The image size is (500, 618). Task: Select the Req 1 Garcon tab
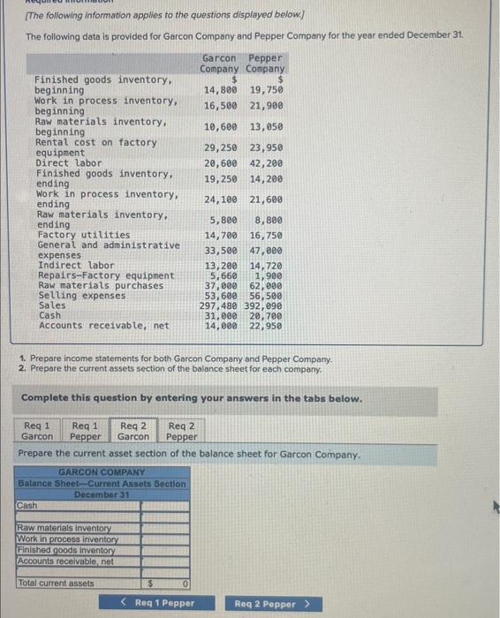tap(37, 430)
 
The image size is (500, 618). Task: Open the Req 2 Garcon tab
tap(133, 430)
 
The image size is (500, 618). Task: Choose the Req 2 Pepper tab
tap(181, 430)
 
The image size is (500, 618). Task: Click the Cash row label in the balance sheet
tap(27, 506)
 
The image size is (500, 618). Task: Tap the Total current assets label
tap(56, 584)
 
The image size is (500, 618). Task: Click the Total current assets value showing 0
tap(168, 584)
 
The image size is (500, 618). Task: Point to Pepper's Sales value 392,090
tap(266, 305)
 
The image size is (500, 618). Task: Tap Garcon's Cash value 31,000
tap(221, 315)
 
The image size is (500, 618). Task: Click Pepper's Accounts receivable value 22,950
tap(266, 325)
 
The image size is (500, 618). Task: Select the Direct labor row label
tap(68, 163)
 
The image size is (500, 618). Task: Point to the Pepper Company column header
tap(266, 63)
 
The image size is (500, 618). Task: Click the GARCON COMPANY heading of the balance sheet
tap(102, 472)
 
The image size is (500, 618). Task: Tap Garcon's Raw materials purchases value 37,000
tap(221, 285)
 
